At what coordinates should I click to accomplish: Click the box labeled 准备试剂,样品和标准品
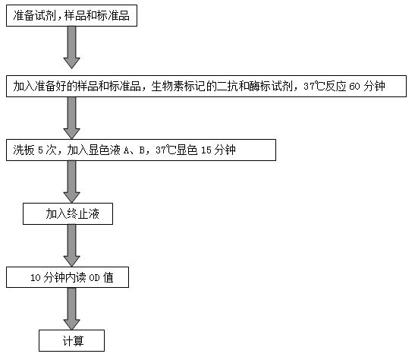click(x=71, y=15)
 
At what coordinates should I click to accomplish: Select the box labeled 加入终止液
click(x=68, y=213)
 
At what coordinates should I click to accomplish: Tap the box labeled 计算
click(x=72, y=341)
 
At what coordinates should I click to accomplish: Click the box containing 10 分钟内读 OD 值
click(x=68, y=277)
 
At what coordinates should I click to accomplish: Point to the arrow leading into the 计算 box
click(x=72, y=308)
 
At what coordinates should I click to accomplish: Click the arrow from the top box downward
click(x=72, y=47)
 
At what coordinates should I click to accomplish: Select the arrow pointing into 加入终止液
click(x=72, y=182)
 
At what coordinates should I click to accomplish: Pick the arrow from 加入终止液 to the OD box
click(x=72, y=245)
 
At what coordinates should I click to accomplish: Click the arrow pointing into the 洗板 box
click(x=72, y=118)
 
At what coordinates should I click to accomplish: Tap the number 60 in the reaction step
click(x=354, y=87)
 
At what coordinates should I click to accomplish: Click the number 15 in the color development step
click(x=206, y=150)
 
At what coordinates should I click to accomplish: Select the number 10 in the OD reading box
click(x=36, y=278)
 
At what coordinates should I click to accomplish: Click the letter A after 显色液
click(x=126, y=150)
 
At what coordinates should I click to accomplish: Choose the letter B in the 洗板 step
click(x=142, y=150)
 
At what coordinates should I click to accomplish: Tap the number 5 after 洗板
click(x=40, y=150)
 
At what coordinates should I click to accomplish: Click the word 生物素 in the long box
click(x=167, y=87)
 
